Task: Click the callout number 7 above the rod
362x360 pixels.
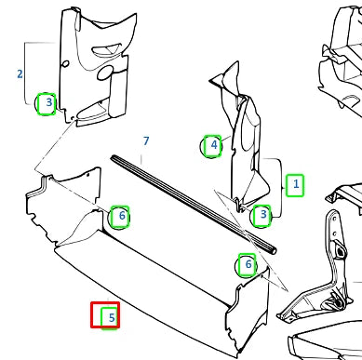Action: [x=146, y=141]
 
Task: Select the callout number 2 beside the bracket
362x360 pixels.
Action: [x=20, y=73]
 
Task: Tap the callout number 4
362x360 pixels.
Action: [x=214, y=145]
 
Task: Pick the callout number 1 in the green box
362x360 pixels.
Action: [x=296, y=184]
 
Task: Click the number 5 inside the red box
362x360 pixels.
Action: [x=112, y=317]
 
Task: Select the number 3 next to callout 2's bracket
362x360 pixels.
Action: [x=49, y=102]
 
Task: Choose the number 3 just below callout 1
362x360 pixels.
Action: [x=263, y=214]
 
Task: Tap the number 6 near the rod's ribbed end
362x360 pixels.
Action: [x=248, y=264]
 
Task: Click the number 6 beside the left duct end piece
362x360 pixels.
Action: [x=122, y=216]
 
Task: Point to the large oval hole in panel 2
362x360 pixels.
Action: [x=104, y=73]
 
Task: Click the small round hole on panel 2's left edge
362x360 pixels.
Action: [x=65, y=64]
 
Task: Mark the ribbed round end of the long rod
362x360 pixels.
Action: [x=273, y=250]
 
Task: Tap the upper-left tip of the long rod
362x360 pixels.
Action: [x=113, y=157]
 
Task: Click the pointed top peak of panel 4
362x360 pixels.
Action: [x=237, y=62]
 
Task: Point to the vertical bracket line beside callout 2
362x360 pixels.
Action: [x=25, y=73]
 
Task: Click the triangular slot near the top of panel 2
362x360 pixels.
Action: [x=106, y=49]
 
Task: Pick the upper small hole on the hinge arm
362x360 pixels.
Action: [x=334, y=219]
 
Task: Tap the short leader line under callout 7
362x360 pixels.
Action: [x=141, y=159]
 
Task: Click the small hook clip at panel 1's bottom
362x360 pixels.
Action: [x=239, y=206]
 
